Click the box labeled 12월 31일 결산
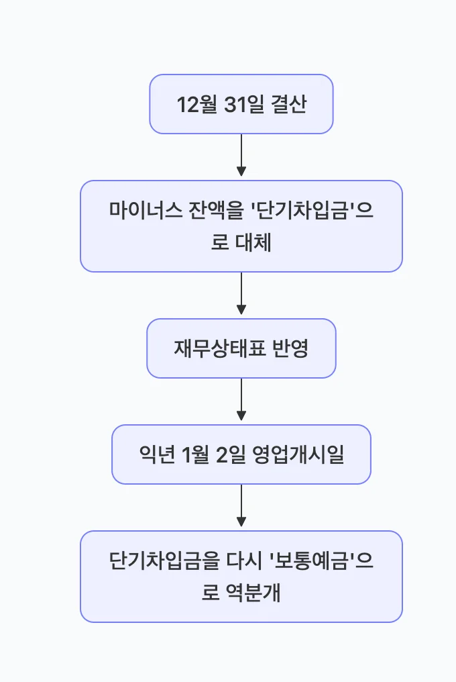241,104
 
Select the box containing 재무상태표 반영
241,348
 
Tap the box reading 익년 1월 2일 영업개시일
241,454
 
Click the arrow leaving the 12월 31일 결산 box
241,156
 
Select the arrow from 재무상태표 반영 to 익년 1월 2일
241,400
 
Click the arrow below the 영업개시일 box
241,506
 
